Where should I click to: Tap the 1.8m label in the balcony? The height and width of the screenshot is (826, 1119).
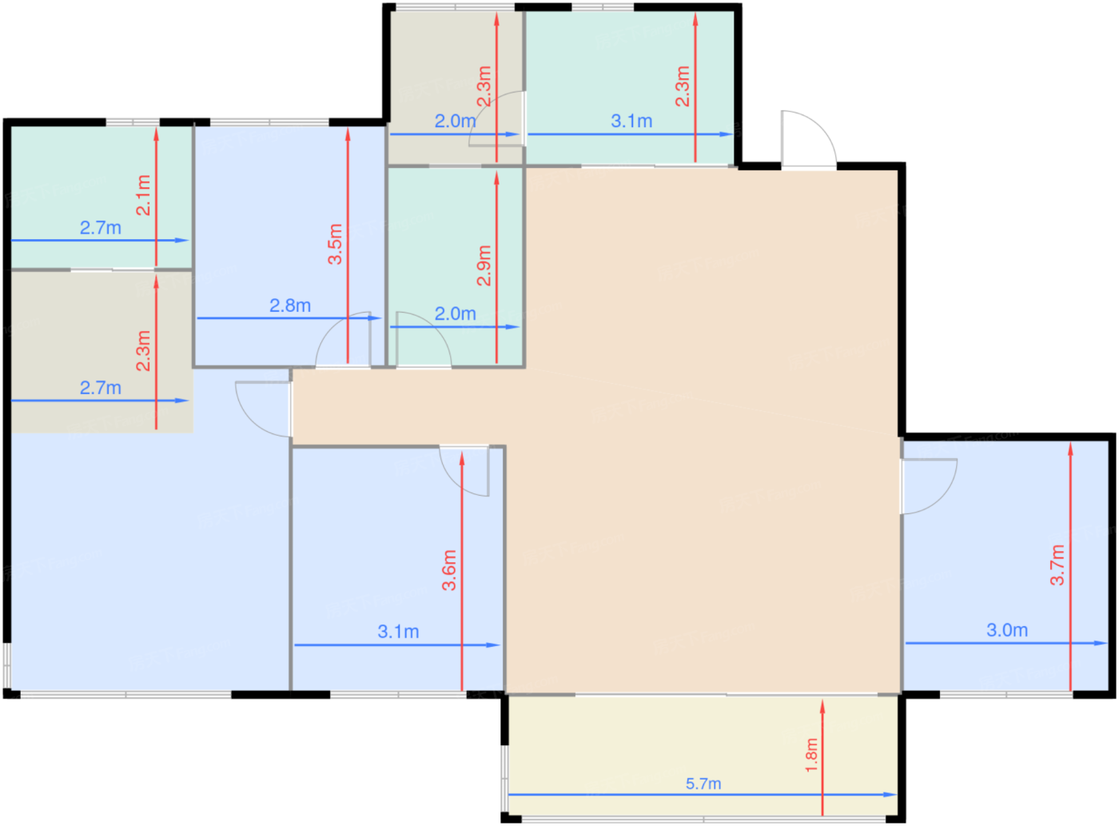[810, 755]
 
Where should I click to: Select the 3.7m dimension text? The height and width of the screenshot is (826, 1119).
[1057, 565]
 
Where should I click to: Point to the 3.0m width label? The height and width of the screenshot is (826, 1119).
[1007, 629]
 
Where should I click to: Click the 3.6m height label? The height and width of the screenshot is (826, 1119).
[448, 570]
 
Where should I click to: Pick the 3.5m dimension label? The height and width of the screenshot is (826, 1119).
[334, 244]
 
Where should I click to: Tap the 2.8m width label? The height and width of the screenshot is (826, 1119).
[289, 305]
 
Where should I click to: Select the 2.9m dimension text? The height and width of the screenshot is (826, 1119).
[484, 265]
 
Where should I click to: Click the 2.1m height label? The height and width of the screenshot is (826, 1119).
[143, 195]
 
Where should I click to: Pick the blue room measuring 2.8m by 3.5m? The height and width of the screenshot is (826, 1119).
[289, 245]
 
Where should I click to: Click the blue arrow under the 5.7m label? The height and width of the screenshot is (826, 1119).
[703, 794]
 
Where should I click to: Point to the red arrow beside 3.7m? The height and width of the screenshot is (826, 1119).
[1070, 566]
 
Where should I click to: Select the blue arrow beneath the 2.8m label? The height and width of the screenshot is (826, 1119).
[289, 318]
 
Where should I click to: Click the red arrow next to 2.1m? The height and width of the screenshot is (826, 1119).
[156, 197]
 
